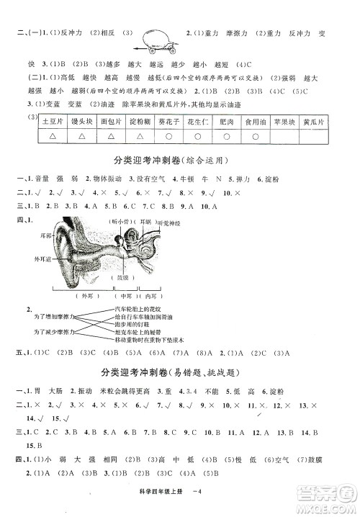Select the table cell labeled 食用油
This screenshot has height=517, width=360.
click(x=258, y=122)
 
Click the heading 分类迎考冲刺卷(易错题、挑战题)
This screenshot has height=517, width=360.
click(x=180, y=374)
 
